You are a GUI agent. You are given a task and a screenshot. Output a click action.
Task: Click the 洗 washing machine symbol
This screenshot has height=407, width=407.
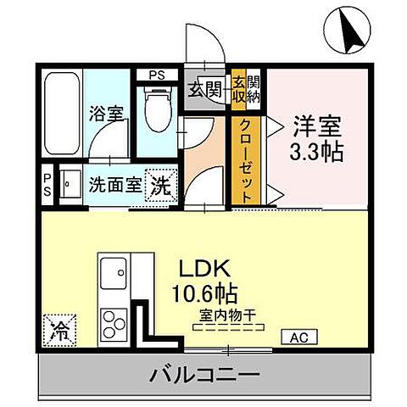tap(159, 185)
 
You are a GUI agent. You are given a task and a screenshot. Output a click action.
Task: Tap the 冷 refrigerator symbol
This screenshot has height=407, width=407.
tap(59, 326)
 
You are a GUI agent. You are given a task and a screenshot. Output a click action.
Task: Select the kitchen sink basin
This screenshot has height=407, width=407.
tap(113, 274)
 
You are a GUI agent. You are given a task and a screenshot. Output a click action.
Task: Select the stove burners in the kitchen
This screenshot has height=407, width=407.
tap(114, 322)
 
